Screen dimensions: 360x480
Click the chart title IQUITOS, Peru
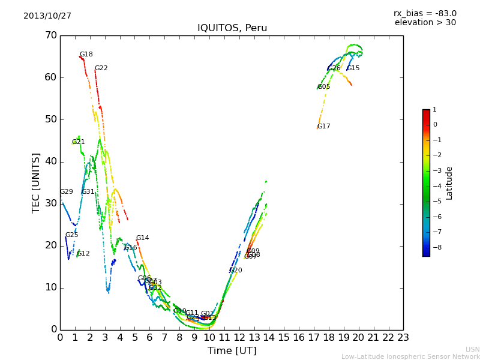tap(232, 28)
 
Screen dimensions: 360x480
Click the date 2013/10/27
tap(47, 16)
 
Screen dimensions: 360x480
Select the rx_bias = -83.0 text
tap(425, 14)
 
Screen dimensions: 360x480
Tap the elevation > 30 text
tap(425, 23)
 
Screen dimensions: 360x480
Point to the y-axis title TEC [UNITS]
tap(37, 182)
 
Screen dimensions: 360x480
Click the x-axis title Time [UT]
tap(232, 351)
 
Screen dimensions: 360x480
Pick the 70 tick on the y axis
tap(50, 35)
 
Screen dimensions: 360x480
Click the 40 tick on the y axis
tap(50, 161)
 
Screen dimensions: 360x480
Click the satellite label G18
tap(86, 55)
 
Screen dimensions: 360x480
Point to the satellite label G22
tap(101, 68)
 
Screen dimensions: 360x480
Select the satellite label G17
tap(324, 127)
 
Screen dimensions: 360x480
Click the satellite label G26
tap(334, 68)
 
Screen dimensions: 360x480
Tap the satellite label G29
tap(66, 192)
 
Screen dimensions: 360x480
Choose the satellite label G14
tap(142, 238)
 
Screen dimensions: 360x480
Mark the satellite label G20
tap(236, 271)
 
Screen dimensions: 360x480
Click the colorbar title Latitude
tap(449, 183)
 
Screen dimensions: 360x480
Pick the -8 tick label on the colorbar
tap(435, 247)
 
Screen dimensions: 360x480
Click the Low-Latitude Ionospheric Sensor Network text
tap(410, 357)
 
